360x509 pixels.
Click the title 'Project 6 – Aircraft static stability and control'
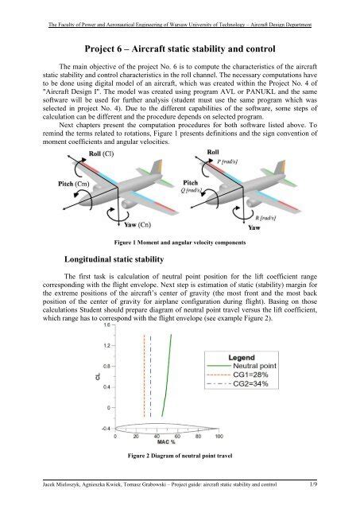[x=180, y=48]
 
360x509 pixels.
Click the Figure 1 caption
[x=180, y=243]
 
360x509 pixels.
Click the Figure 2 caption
[x=180, y=455]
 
